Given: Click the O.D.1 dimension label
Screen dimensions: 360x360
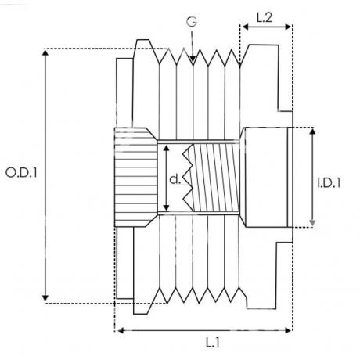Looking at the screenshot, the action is click(21, 173).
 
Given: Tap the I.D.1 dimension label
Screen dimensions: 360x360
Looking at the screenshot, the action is click(329, 183).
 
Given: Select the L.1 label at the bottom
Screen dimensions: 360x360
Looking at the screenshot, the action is click(213, 342).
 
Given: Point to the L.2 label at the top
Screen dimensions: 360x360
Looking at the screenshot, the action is click(265, 17).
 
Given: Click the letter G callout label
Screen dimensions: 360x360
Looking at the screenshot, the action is click(192, 22).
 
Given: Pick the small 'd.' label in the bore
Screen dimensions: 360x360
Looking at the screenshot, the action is click(175, 179).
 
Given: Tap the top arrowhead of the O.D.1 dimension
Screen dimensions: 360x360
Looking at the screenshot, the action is click(45, 52).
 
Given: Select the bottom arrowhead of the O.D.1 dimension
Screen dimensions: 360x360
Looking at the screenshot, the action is click(45, 299).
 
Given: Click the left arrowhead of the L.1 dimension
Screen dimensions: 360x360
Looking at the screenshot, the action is click(120, 331).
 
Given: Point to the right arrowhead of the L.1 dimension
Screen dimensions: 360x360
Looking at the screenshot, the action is click(289, 331).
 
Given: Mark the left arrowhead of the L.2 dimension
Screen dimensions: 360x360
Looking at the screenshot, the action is click(245, 27).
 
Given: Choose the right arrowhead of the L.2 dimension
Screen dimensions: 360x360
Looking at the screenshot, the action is click(289, 27).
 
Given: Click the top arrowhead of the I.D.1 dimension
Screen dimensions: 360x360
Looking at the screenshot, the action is click(312, 131).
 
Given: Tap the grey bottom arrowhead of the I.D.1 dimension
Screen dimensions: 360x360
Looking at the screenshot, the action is click(312, 223).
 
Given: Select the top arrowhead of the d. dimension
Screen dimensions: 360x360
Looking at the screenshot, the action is click(167, 149).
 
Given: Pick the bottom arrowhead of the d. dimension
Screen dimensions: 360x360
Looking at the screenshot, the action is click(167, 207).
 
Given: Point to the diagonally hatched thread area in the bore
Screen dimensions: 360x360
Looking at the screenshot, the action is click(216, 178).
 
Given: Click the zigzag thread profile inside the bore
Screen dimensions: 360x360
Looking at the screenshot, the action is click(189, 178).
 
